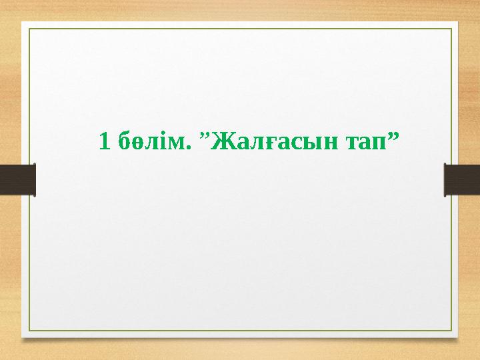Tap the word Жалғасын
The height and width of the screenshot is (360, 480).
tap(273, 141)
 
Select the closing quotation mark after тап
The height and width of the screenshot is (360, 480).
tap(393, 135)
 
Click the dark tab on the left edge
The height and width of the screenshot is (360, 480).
tap(17, 180)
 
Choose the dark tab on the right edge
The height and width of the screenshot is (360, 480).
tap(462, 180)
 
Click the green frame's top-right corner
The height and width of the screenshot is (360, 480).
tap(451, 29)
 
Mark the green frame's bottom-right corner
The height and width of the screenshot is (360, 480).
tap(451, 331)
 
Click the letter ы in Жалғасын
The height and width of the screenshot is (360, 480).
tap(304, 143)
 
